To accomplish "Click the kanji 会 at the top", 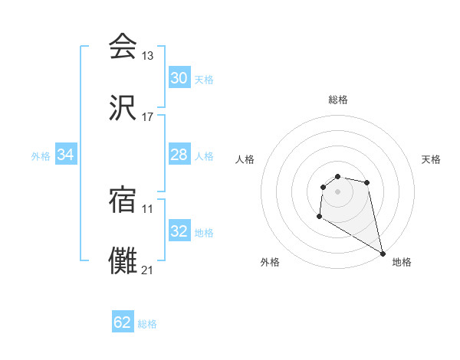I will [x=123, y=46].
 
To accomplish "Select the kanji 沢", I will [x=123, y=109].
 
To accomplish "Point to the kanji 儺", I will [x=123, y=261].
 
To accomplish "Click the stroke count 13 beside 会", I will [x=148, y=55].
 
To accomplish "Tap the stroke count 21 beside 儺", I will [x=148, y=270].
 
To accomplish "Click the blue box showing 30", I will [x=179, y=78].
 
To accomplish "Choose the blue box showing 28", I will [x=179, y=155].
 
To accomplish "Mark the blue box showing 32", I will [x=179, y=231].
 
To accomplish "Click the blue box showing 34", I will [x=66, y=155].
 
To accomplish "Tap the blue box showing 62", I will [x=123, y=322].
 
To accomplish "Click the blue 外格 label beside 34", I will [x=41, y=155].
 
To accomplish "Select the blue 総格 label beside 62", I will [x=147, y=324].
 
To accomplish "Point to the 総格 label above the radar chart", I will [x=338, y=100].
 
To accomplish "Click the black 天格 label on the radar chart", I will [x=431, y=159].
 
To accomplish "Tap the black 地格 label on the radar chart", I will [x=402, y=262].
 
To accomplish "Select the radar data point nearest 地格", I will [x=383, y=254].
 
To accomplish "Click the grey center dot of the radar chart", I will [x=337, y=191].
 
